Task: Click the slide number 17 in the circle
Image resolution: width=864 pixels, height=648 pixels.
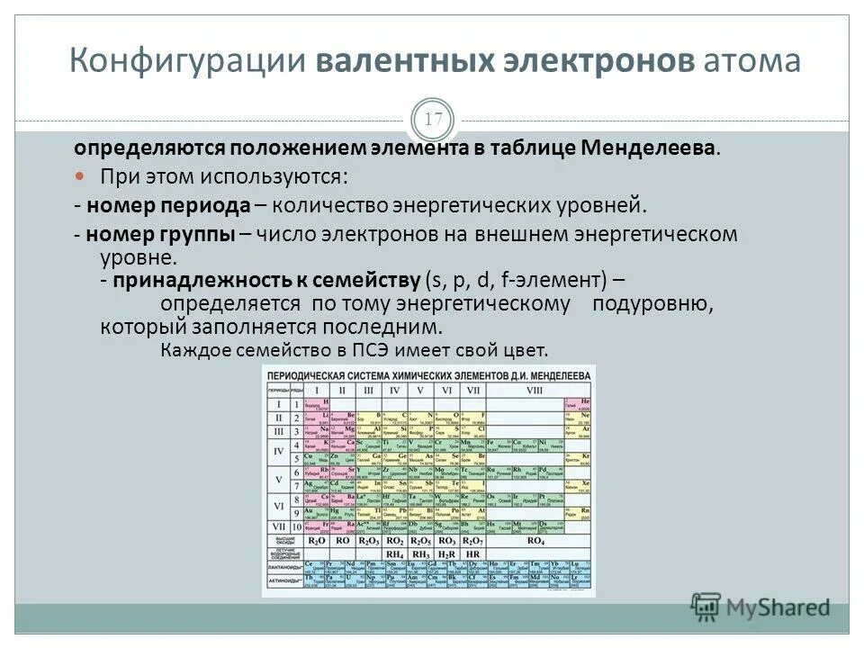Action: click(x=433, y=120)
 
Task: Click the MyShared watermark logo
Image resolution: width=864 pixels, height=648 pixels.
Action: click(x=761, y=607)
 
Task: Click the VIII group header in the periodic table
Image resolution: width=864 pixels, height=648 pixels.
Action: click(x=535, y=390)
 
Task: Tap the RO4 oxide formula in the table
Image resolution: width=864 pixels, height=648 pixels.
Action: click(x=535, y=541)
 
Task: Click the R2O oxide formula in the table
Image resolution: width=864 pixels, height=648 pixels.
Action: click(x=317, y=541)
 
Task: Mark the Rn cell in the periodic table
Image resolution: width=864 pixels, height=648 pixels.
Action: click(x=583, y=511)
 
